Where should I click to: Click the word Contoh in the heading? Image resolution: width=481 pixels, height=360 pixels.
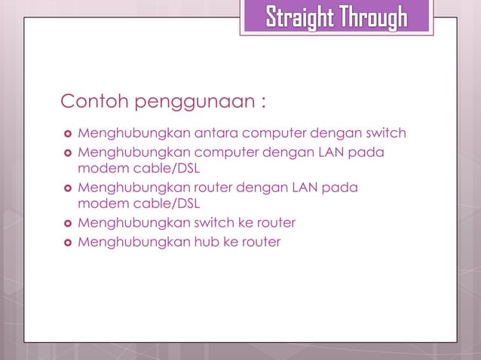(x=88, y=101)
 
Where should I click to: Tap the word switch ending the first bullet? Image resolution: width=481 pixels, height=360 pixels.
(x=386, y=134)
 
